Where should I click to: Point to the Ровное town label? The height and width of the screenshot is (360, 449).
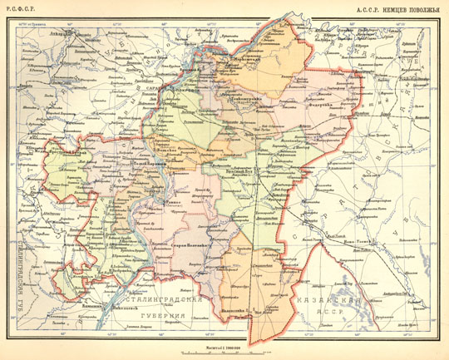point(172,202)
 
